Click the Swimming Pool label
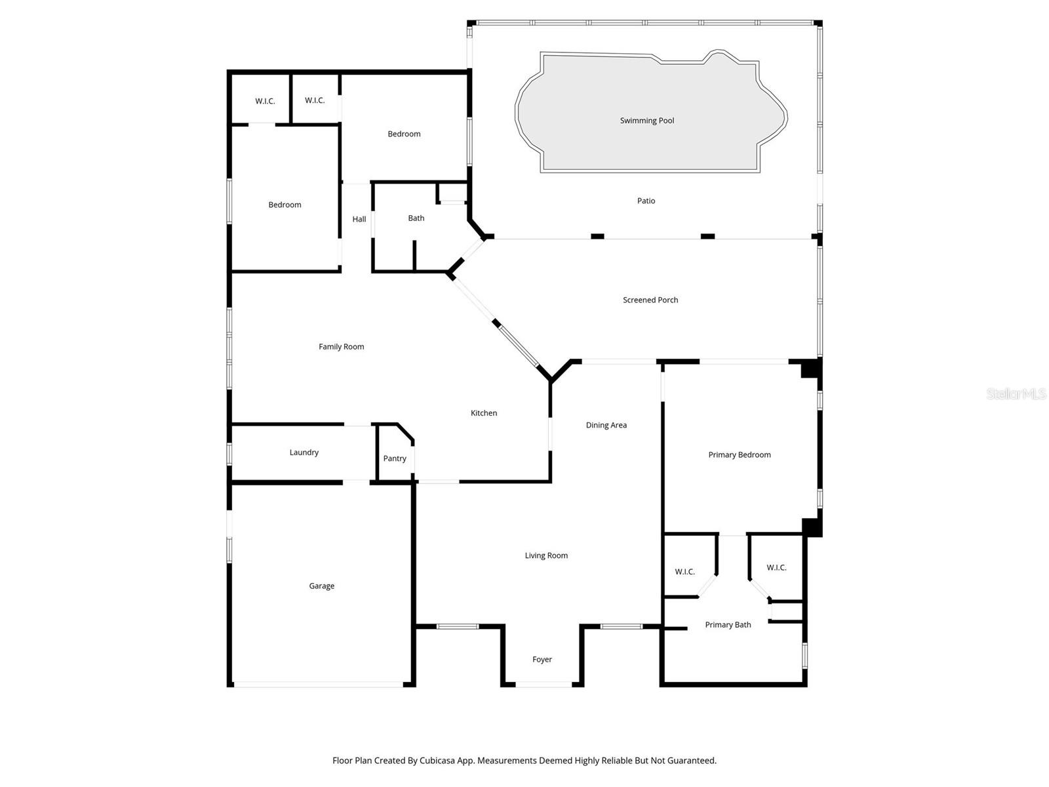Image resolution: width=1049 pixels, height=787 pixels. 646,121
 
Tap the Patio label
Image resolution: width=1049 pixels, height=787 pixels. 646,201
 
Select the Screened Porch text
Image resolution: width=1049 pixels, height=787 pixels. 650,300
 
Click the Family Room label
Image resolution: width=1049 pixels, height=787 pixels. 341,346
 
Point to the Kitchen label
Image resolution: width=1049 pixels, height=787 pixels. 483,413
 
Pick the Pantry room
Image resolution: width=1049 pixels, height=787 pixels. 395,458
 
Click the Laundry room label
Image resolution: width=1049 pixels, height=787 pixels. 304,452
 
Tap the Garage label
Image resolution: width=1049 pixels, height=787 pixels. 321,586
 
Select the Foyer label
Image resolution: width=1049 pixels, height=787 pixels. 542,659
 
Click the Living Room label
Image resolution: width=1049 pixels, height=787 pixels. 545,555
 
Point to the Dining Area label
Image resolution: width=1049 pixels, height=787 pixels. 606,425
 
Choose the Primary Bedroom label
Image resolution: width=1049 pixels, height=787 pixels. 739,454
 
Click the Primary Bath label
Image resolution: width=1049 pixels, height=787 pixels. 728,624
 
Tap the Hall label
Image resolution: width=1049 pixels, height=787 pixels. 359,219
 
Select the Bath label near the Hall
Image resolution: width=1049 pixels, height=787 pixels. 416,218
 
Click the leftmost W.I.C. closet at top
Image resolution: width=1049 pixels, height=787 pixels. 265,101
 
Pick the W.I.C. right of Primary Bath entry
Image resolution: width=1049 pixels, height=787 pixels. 776,567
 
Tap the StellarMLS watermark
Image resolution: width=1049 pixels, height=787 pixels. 1016,393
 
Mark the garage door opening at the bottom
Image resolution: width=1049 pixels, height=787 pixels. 319,685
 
